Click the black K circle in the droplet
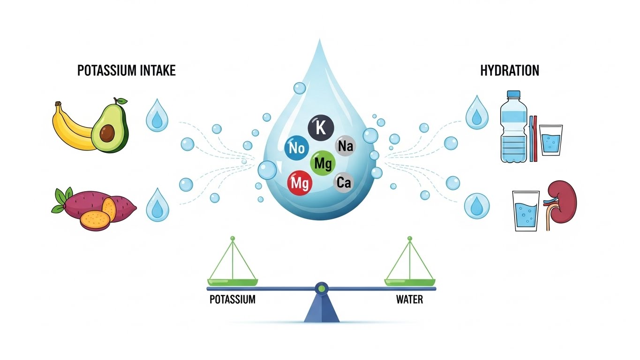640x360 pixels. (320, 128)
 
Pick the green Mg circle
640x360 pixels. (323, 164)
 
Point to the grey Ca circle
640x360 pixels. (344, 182)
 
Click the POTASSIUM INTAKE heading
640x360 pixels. (126, 71)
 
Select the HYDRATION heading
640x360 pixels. (510, 71)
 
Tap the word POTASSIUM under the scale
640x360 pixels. (233, 299)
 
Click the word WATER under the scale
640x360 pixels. (409, 299)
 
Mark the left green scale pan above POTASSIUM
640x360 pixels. (233, 282)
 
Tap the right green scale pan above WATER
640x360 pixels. (409, 282)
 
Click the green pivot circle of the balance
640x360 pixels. (321, 288)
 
